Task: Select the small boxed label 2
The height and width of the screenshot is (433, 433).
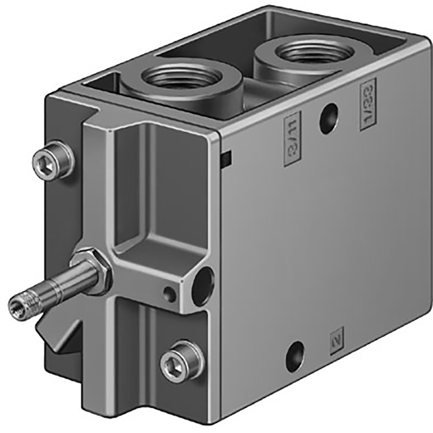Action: (337, 340)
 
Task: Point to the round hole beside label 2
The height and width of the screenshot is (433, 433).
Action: (295, 357)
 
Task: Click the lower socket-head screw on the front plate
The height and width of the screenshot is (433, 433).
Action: (181, 361)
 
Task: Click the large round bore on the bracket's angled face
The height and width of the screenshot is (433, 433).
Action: (203, 286)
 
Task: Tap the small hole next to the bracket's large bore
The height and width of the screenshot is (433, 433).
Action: (170, 294)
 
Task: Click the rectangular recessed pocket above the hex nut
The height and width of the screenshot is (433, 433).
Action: (154, 189)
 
